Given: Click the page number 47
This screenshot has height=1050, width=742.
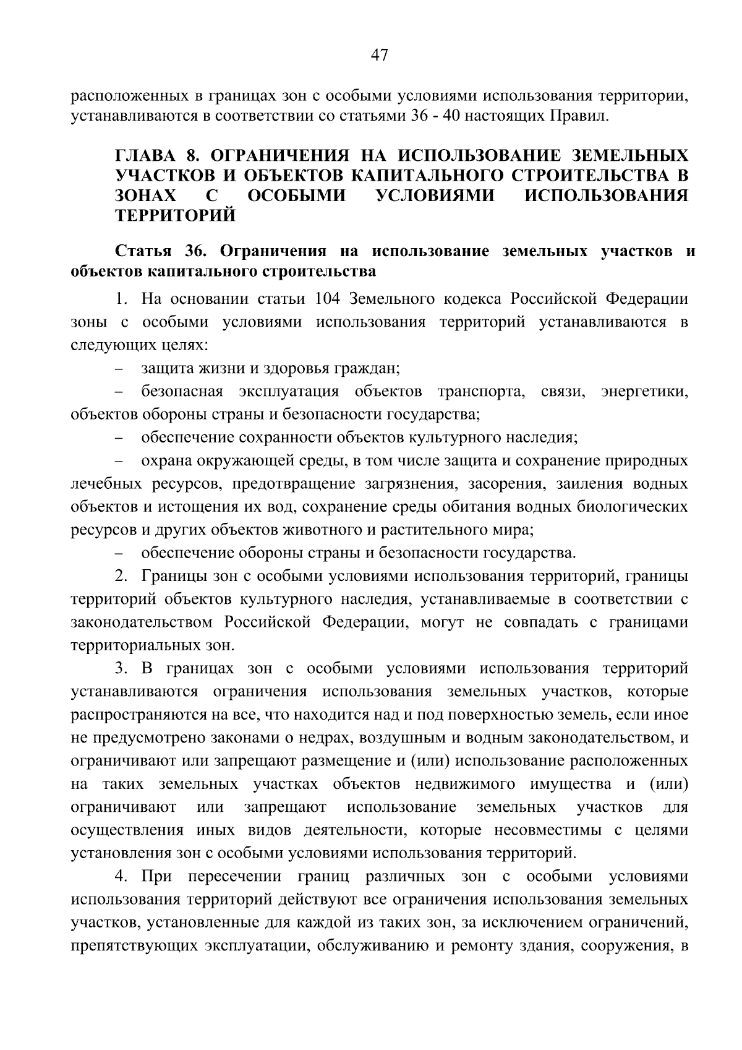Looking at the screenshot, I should (x=379, y=56).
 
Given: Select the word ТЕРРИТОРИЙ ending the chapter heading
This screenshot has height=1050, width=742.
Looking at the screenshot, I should (x=176, y=216).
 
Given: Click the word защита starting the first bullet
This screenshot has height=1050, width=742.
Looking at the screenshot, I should (x=164, y=369).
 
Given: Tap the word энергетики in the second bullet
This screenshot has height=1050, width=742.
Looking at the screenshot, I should (x=644, y=392).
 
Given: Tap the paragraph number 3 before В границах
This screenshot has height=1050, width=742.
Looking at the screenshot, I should (x=121, y=669).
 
